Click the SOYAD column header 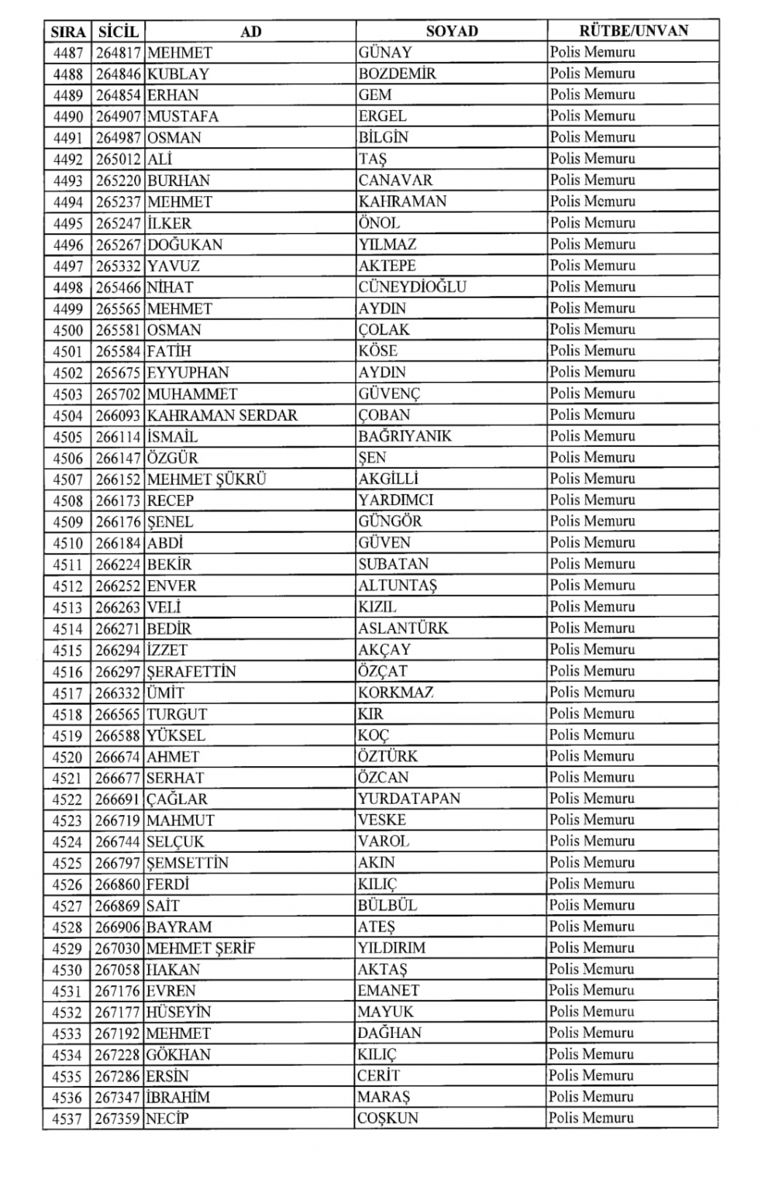point(452,31)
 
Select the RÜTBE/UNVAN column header point(633,31)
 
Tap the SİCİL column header point(118,32)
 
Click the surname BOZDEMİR point(397,74)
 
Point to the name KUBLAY point(177,74)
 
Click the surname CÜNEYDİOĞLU point(412,287)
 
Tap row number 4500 point(67,330)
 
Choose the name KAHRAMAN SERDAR point(222,415)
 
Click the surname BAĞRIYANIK point(405,436)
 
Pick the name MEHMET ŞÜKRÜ point(206,480)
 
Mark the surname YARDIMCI point(395,500)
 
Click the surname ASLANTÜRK point(403,628)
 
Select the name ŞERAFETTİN point(191,672)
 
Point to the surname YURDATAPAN point(408,799)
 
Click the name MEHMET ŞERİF point(201,948)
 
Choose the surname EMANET point(388,991)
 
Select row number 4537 point(67,1119)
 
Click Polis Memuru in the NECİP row point(591,1118)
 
